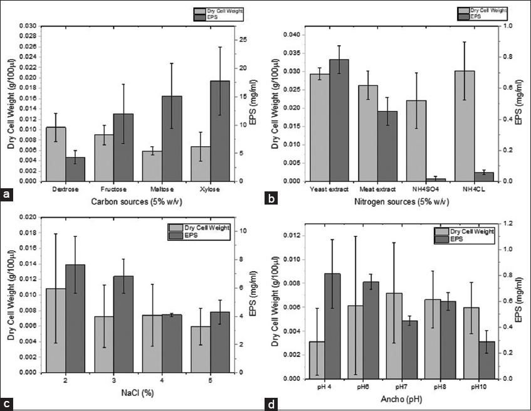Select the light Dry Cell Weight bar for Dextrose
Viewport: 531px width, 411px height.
(x=56, y=154)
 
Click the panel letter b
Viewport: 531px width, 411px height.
(x=272, y=199)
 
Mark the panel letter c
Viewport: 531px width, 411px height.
(x=8, y=403)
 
